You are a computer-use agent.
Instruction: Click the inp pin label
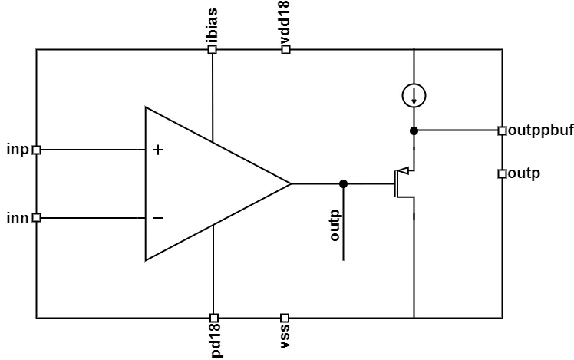tap(17, 149)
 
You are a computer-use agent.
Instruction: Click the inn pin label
tap(17, 218)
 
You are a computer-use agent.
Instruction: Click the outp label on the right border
tap(524, 173)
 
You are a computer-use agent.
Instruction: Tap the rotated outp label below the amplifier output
tap(335, 224)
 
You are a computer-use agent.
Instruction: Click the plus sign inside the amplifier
tap(158, 150)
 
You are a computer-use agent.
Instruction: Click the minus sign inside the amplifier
tap(158, 219)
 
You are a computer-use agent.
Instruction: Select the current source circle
tap(414, 96)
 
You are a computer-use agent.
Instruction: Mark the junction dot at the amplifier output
tap(343, 183)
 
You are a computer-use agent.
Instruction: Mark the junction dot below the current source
tap(414, 130)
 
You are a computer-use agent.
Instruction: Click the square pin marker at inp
tap(36, 150)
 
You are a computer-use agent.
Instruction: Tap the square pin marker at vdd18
tap(285, 50)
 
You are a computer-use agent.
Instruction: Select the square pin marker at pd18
tap(214, 317)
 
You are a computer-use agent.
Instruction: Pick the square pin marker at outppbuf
tap(502, 130)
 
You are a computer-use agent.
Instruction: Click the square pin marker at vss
tap(285, 317)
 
